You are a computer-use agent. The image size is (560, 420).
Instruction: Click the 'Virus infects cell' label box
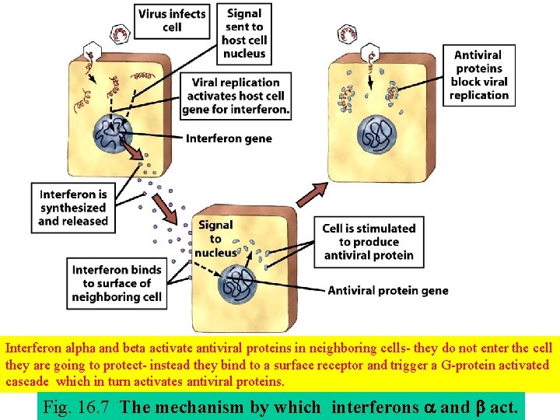172,21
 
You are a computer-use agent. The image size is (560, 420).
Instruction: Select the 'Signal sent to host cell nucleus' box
244,33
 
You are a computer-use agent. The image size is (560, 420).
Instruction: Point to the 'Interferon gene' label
229,138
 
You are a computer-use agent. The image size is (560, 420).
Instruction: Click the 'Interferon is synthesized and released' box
73,208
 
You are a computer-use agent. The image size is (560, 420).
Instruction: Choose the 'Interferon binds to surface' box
117,283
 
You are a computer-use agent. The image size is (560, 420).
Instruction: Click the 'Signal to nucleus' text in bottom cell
215,239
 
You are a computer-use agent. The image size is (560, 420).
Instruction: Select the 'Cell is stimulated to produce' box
369,242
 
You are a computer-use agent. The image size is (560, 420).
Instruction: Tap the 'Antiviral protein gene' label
388,291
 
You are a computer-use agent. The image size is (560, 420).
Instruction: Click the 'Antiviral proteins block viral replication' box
478,75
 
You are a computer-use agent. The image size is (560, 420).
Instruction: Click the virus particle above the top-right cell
348,34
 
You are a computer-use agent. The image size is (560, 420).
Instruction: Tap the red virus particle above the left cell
122,33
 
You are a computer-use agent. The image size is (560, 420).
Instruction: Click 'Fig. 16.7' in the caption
78,406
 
